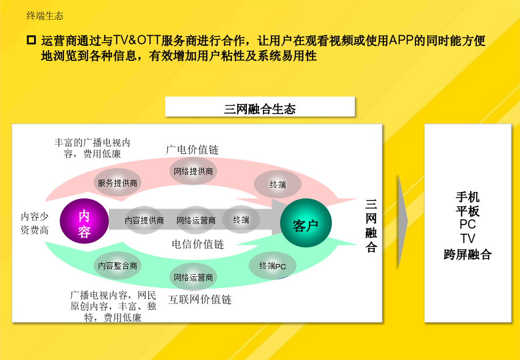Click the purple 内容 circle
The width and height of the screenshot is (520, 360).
pyautogui.click(x=84, y=221)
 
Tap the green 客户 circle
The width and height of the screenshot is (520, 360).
pyautogui.click(x=306, y=223)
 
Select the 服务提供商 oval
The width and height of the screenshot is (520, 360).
pyautogui.click(x=117, y=182)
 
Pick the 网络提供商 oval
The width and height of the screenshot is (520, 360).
pyautogui.click(x=194, y=171)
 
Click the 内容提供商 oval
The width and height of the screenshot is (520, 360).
pyautogui.click(x=144, y=220)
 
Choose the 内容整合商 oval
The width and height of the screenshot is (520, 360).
pyautogui.click(x=118, y=266)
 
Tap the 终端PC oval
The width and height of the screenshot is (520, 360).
pyautogui.click(x=273, y=266)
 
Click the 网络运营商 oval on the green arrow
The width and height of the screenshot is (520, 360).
pyautogui.click(x=194, y=277)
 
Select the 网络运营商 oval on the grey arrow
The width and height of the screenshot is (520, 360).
pyautogui.click(x=196, y=220)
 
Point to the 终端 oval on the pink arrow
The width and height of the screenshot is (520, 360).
pyautogui.click(x=278, y=185)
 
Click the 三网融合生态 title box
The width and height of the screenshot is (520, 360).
pyautogui.click(x=260, y=107)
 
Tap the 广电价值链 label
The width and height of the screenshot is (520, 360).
pyautogui.click(x=193, y=150)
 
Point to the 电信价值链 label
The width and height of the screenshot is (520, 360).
pyautogui.click(x=198, y=244)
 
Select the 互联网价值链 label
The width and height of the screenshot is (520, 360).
pyautogui.click(x=200, y=299)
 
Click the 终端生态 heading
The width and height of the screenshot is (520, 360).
pyautogui.click(x=45, y=15)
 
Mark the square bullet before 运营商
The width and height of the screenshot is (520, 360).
pyautogui.click(x=31, y=41)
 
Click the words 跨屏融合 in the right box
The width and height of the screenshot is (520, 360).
pyautogui.click(x=468, y=254)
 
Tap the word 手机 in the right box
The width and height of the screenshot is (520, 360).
pyautogui.click(x=468, y=197)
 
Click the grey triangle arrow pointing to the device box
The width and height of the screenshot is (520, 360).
pyautogui.click(x=403, y=221)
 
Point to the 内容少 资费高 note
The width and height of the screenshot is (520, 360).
pyautogui.click(x=35, y=223)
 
